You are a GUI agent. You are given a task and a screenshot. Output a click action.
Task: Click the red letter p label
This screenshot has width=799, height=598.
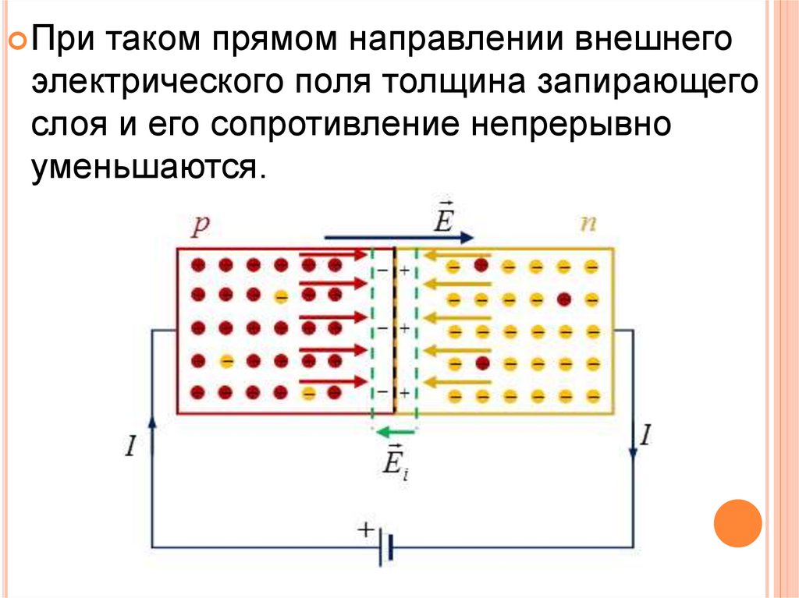(x=201, y=227)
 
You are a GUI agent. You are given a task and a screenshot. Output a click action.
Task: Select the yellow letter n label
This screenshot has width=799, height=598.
(x=586, y=225)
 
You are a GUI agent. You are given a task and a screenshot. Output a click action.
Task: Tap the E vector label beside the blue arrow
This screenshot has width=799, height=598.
(x=443, y=218)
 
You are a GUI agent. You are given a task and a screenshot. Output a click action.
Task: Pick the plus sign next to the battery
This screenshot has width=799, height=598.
(x=364, y=529)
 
